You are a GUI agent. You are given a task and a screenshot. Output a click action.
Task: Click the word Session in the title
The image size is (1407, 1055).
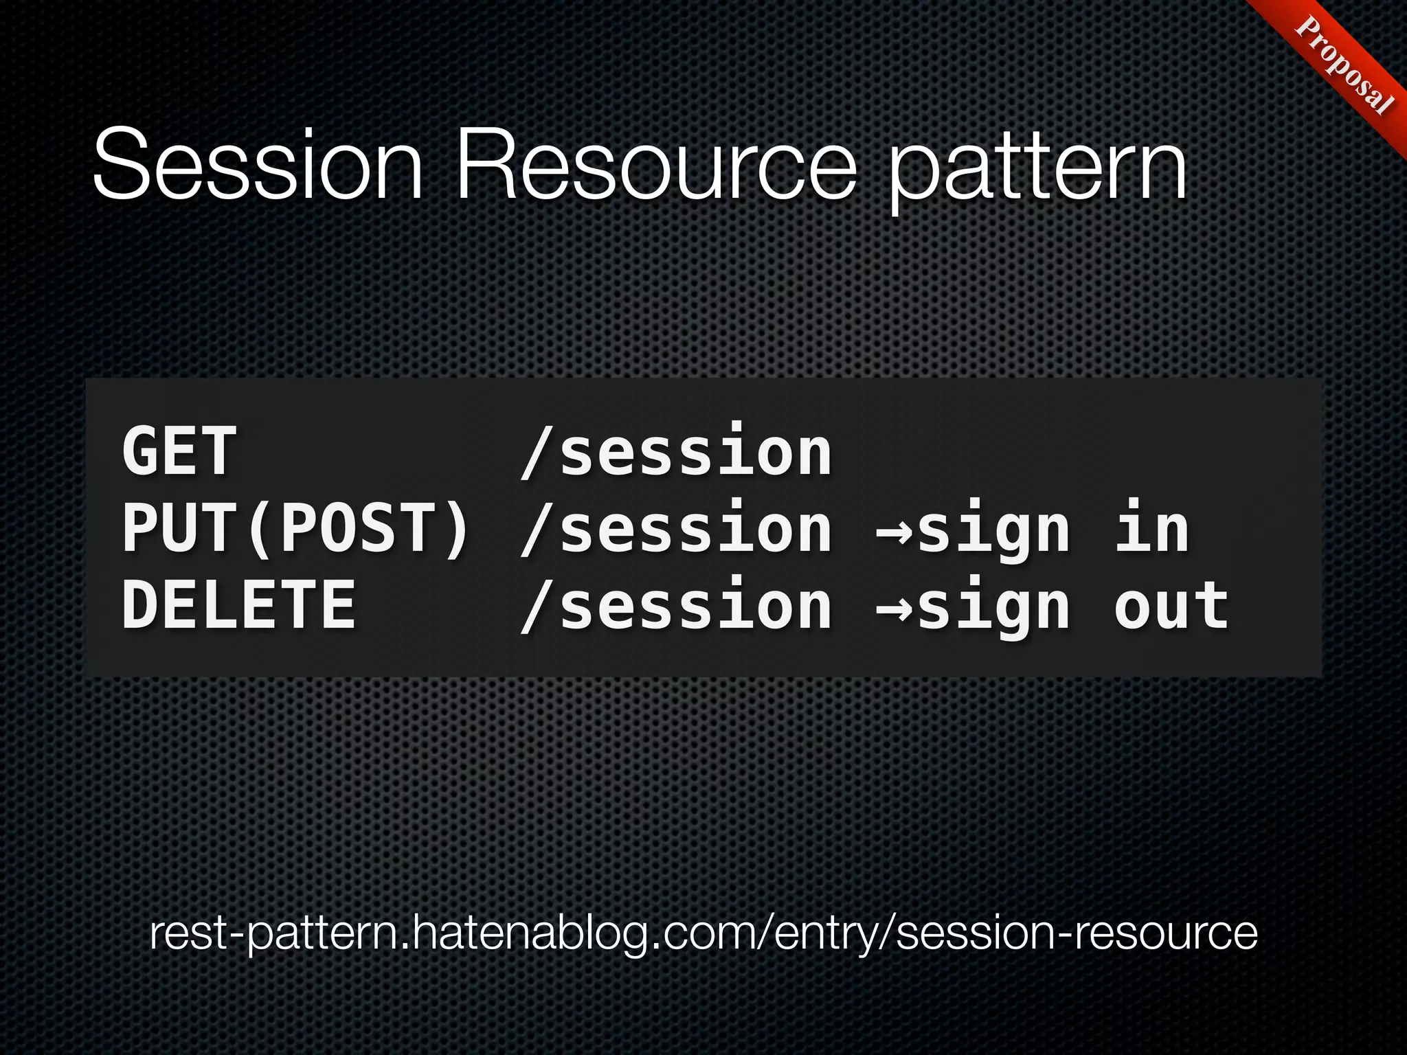pyautogui.click(x=258, y=165)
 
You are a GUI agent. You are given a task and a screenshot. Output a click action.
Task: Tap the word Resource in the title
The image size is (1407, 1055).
pyautogui.click(x=656, y=165)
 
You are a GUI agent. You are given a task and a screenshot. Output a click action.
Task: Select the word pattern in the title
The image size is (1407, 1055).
pyautogui.click(x=1037, y=168)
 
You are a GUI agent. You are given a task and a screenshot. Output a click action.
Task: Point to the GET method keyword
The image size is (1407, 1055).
pyautogui.click(x=179, y=451)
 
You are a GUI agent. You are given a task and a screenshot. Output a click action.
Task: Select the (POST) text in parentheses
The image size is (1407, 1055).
pyautogui.click(x=357, y=528)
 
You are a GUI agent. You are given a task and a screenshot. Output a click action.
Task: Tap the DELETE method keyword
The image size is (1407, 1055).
pyautogui.click(x=238, y=605)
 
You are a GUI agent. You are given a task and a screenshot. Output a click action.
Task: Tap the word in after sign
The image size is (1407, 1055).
pyautogui.click(x=1151, y=528)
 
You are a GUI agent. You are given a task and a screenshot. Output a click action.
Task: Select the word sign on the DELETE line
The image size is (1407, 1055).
pyautogui.click(x=993, y=609)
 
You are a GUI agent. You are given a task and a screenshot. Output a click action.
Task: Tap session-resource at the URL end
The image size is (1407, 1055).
pyautogui.click(x=1077, y=935)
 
